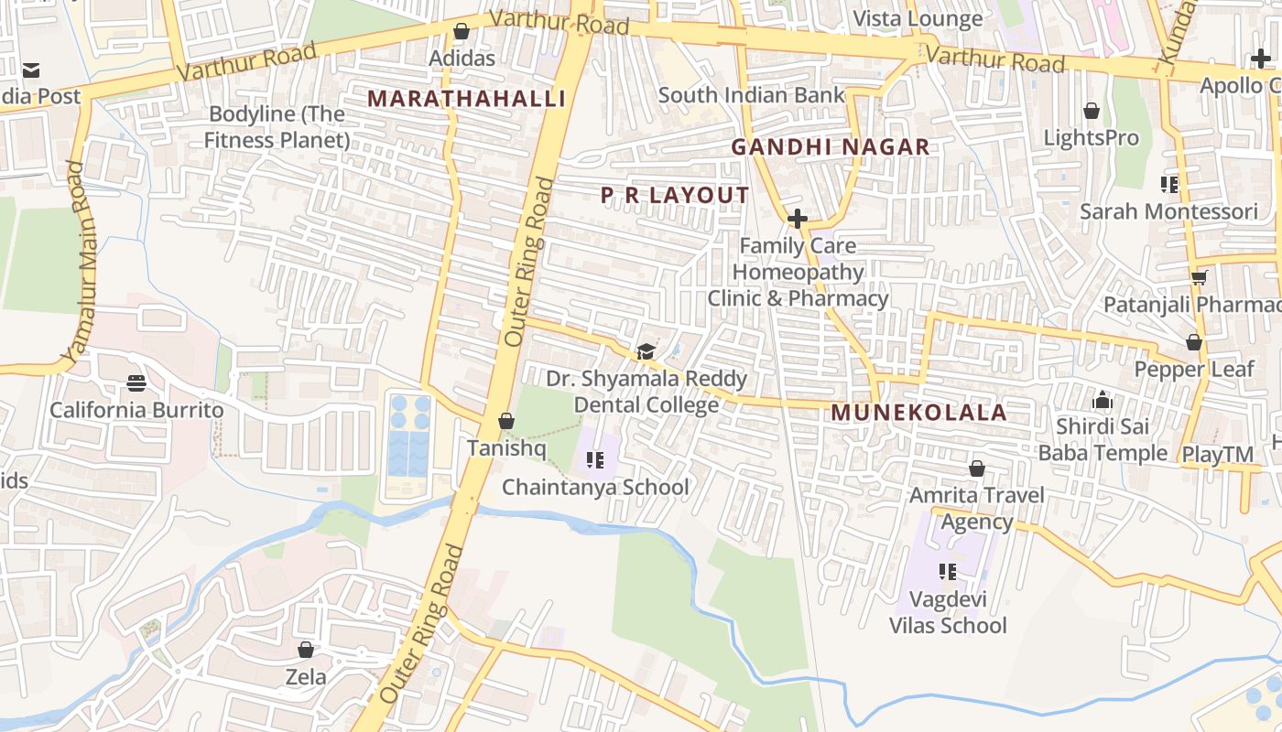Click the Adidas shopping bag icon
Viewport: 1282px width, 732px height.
(x=462, y=32)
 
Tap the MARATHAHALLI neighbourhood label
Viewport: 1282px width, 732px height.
(x=466, y=99)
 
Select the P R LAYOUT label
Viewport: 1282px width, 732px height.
(x=675, y=195)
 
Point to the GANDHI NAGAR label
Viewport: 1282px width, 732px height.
(x=830, y=146)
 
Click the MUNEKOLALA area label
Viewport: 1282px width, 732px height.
(x=918, y=413)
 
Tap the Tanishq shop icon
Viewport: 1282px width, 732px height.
(x=505, y=422)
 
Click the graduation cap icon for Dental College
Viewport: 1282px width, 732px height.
(x=646, y=352)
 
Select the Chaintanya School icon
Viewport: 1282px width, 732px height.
(x=595, y=460)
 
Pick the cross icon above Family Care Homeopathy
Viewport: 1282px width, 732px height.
(x=798, y=219)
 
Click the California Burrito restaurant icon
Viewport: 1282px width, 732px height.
(x=136, y=382)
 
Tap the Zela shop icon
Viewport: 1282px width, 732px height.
(x=306, y=651)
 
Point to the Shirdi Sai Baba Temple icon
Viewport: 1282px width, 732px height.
(x=1102, y=401)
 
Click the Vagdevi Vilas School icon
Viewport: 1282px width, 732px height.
(x=948, y=572)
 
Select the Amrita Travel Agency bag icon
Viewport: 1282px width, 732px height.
(x=977, y=469)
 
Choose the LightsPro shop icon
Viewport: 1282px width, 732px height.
(x=1092, y=112)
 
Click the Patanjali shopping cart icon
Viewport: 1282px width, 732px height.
(x=1199, y=277)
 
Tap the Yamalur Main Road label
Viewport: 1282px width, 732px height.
(x=81, y=262)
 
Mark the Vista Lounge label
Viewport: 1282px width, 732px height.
(x=918, y=18)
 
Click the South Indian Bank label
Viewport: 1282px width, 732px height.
(x=751, y=95)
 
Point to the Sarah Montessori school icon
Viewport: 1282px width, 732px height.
(x=1168, y=185)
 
